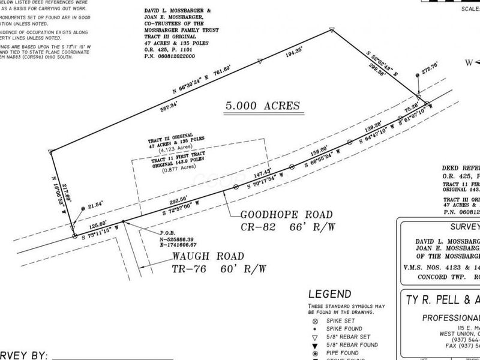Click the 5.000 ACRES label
coord(262,106)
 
